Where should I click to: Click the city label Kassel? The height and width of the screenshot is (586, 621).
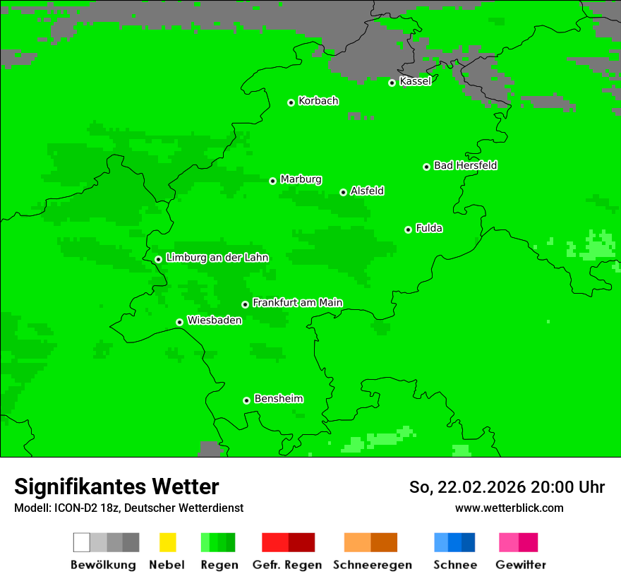click(x=415, y=81)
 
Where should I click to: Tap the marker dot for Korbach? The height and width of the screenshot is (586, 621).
click(x=291, y=102)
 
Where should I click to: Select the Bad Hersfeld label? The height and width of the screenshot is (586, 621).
click(x=465, y=165)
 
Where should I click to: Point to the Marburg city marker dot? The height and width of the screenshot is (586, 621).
click(x=272, y=181)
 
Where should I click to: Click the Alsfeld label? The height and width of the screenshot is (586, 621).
click(x=367, y=191)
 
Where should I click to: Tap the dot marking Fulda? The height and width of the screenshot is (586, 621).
click(x=408, y=229)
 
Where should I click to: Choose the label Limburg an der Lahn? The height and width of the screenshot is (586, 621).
click(x=217, y=258)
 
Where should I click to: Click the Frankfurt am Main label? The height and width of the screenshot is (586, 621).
click(x=297, y=302)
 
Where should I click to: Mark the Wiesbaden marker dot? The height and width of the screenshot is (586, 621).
click(x=179, y=322)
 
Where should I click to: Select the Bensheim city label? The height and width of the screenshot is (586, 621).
click(x=278, y=398)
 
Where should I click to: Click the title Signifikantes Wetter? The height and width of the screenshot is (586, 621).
click(x=116, y=486)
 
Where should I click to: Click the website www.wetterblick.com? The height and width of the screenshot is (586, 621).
click(x=509, y=508)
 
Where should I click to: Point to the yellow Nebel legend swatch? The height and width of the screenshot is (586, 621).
click(x=167, y=542)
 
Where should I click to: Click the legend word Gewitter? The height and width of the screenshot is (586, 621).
click(x=520, y=565)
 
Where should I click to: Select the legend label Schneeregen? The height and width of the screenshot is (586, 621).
click(x=373, y=565)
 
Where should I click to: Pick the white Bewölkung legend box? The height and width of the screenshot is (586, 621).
click(x=82, y=542)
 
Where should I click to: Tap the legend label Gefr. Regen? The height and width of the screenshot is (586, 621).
click(x=287, y=565)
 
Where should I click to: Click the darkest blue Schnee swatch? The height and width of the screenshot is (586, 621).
click(x=469, y=542)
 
